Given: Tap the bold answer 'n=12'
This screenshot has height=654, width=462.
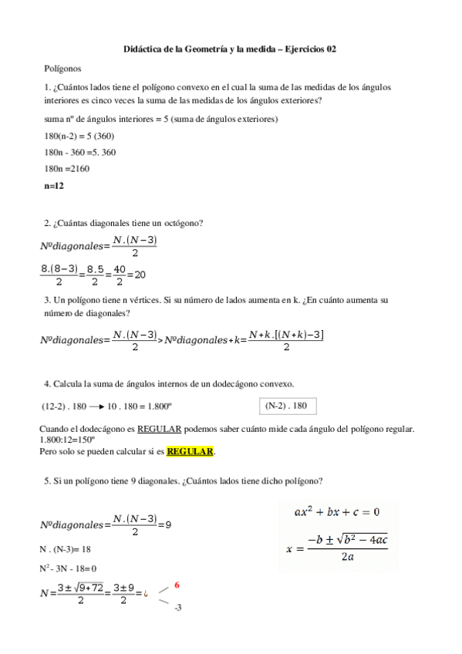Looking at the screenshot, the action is tap(54, 186).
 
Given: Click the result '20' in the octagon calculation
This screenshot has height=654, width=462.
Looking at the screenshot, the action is tap(140, 275).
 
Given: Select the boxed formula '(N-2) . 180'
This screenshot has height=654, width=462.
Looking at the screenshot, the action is tap(286, 406).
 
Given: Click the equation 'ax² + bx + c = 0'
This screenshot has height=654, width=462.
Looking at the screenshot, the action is tap(337, 511).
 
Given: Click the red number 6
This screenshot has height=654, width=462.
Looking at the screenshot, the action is tap(177, 585).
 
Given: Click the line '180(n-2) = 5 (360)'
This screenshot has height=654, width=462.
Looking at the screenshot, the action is tap(80, 136).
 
